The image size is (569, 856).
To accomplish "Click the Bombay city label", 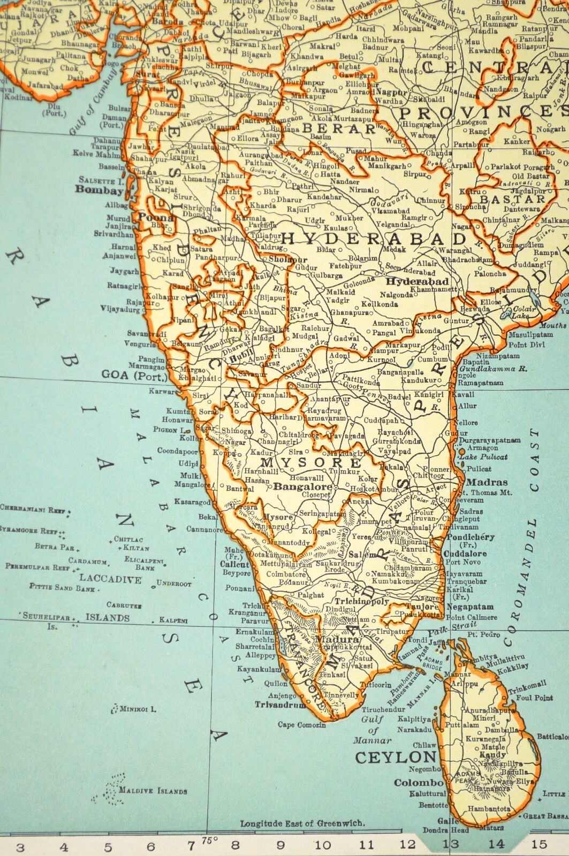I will click(x=99, y=190).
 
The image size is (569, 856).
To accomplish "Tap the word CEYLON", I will click(x=396, y=758).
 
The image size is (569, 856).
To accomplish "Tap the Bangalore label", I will click(x=302, y=487).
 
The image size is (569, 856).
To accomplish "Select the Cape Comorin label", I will click(x=301, y=725).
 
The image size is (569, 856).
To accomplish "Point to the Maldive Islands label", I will click(x=153, y=791).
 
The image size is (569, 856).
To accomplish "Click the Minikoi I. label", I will click(x=138, y=709).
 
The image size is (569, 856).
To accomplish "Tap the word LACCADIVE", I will click(x=110, y=579).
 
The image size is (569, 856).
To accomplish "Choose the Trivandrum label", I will click(x=280, y=705).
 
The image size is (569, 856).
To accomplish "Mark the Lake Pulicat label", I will click(x=483, y=457).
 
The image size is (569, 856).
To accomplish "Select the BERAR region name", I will click(x=339, y=129).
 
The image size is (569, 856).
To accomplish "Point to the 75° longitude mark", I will click(x=208, y=839).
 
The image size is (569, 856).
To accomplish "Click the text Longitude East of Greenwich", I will click(x=302, y=823).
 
